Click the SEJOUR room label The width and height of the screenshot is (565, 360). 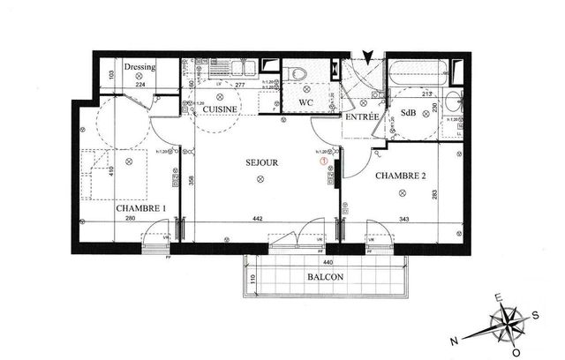262,163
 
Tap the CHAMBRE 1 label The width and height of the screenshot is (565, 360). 141,208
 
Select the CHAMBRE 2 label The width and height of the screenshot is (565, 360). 401,176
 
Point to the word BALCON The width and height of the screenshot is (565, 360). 326,276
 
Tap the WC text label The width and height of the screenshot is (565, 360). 306,102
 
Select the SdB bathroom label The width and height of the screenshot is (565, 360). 408,114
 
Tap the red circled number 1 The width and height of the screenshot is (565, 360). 324,161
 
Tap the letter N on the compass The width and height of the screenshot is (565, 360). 454,340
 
